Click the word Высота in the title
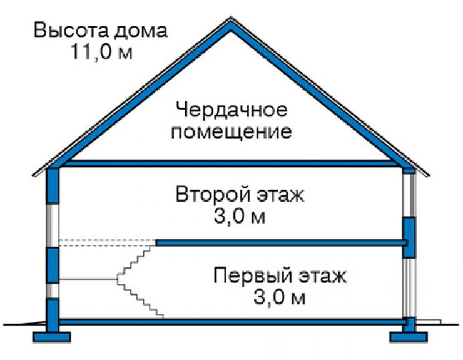71,30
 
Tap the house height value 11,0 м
101,52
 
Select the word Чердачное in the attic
232,110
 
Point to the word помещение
232,131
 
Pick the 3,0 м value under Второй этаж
240,217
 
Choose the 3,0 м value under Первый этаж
279,297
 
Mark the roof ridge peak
231,19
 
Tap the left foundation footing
51,337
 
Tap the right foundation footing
409,337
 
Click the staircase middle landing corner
118,279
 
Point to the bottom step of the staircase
160,316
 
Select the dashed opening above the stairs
107,242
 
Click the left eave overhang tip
33,175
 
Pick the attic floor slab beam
228,163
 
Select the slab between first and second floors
282,243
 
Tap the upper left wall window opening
53,225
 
